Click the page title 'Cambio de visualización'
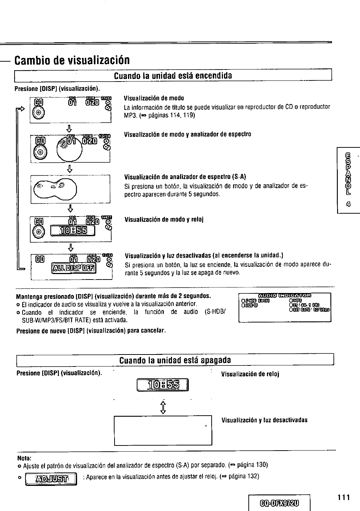tap(72, 59)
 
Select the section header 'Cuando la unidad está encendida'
tap(173, 76)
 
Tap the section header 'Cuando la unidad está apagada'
tap(175, 360)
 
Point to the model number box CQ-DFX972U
tap(279, 503)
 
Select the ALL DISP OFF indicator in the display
tap(74, 268)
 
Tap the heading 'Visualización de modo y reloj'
tap(164, 219)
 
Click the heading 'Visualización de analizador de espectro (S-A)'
tap(185, 177)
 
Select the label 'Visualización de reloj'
tap(250, 374)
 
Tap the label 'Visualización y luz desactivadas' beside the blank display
tap(264, 420)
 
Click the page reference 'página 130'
tap(252, 465)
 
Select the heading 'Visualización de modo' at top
tap(154, 98)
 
